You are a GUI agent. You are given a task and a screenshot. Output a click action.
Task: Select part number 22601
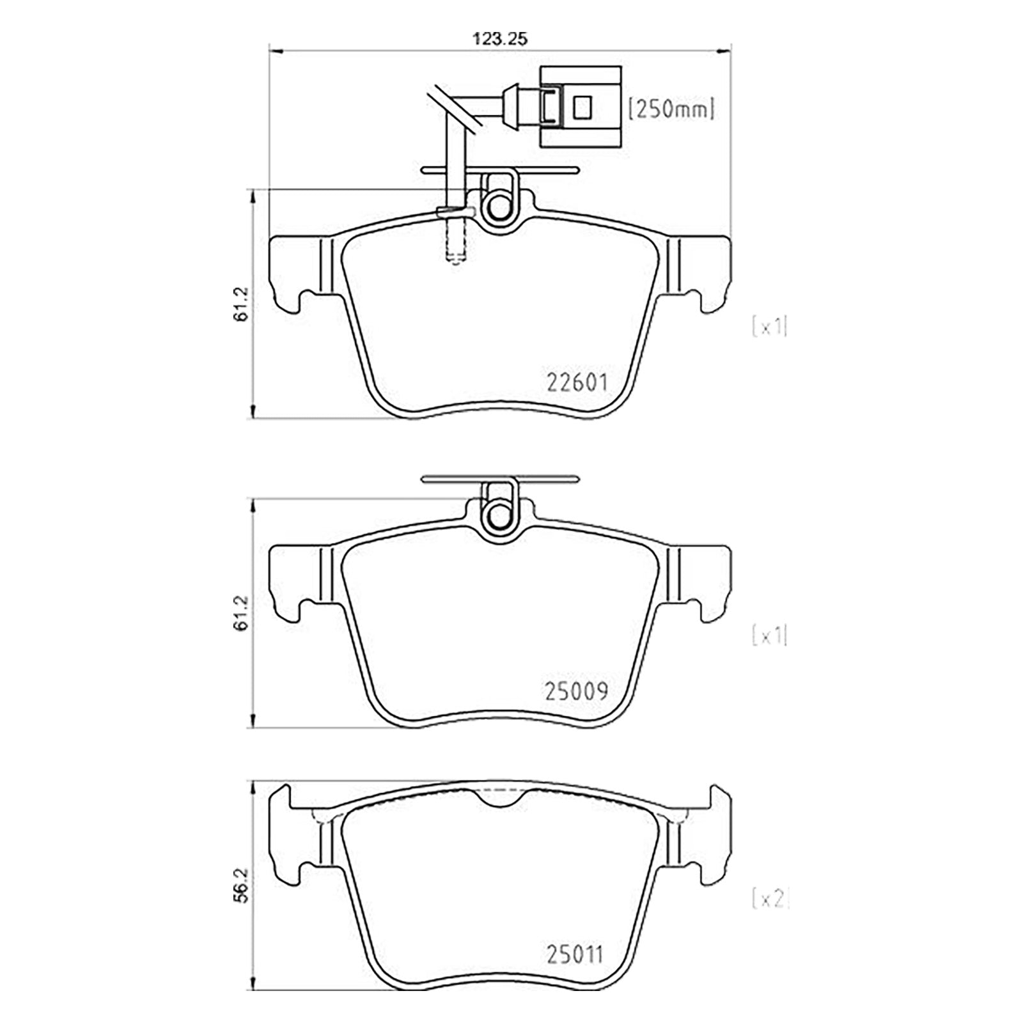(x=577, y=382)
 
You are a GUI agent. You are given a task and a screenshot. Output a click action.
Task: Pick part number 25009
(x=576, y=691)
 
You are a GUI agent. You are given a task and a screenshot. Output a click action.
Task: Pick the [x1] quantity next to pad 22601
(x=770, y=327)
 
